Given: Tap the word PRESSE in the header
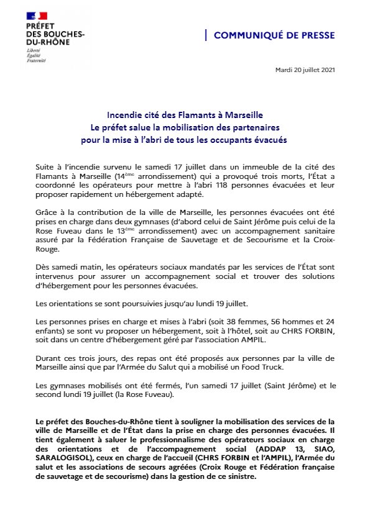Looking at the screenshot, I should point(317,36).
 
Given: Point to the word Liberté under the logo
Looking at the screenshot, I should point(33,49).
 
